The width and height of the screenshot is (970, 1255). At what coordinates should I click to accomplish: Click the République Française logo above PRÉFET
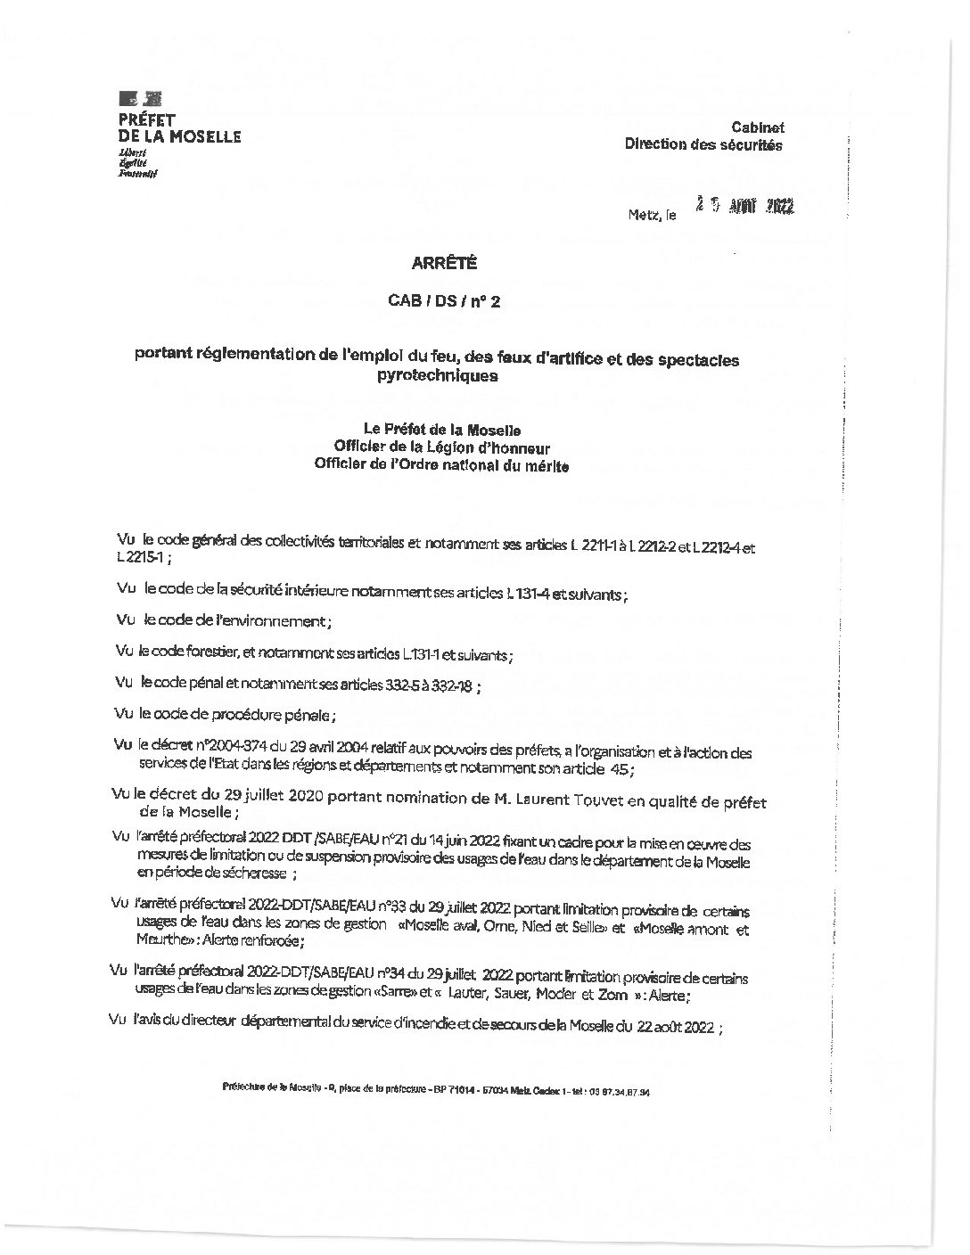coord(140,100)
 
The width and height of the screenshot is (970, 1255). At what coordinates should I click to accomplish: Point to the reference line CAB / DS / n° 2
coord(444,302)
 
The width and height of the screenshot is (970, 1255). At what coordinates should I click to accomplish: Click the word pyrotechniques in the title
coord(437,376)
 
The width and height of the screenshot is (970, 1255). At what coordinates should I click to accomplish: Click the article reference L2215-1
coord(139,556)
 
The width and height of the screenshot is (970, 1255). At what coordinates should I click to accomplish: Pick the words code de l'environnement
coord(243,620)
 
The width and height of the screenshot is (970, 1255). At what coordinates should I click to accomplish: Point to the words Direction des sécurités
coord(703,144)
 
